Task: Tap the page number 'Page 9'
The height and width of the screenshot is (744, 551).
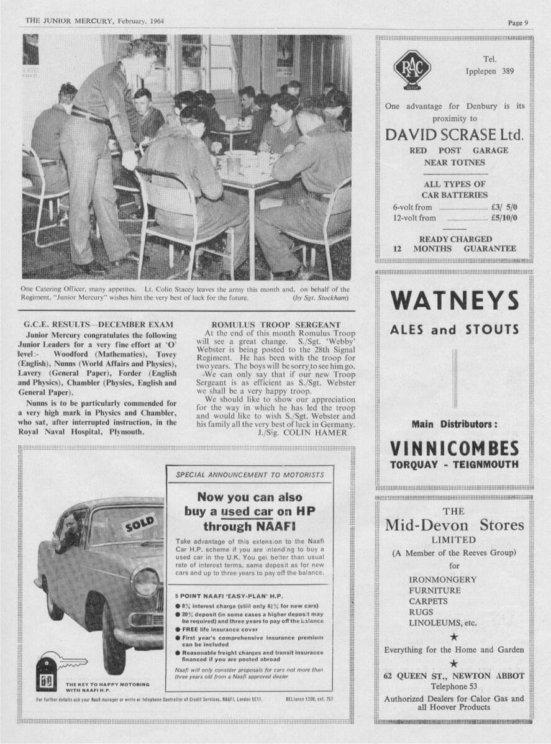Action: (517, 23)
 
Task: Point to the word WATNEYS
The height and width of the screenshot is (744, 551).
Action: (455, 301)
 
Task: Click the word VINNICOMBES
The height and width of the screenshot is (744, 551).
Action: (454, 448)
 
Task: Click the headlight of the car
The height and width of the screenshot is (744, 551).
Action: (146, 581)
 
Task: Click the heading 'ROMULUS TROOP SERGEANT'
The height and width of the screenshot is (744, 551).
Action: (276, 325)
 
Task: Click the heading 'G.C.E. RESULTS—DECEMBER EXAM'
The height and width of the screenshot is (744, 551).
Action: (98, 325)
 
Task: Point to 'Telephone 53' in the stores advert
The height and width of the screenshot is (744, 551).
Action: (454, 686)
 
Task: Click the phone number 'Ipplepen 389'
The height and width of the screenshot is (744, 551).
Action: (490, 71)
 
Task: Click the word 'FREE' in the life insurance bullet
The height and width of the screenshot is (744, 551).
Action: (191, 628)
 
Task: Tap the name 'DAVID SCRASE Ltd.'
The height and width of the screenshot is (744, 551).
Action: (455, 135)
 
